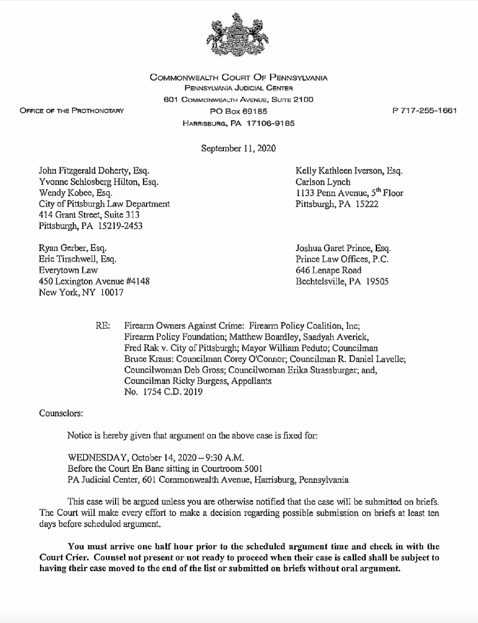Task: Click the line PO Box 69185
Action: (x=238, y=111)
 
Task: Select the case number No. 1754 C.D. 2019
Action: (x=163, y=392)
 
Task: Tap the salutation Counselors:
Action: (x=61, y=414)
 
